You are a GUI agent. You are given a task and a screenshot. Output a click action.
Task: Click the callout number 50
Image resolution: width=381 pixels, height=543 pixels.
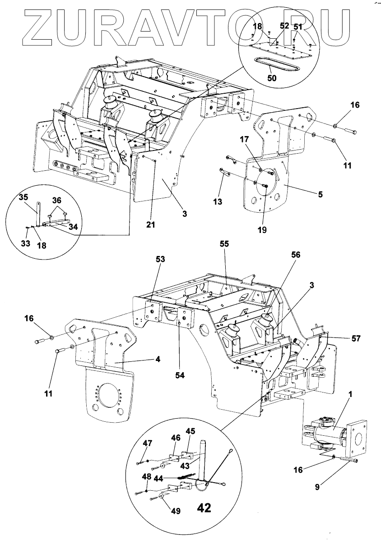[272, 78]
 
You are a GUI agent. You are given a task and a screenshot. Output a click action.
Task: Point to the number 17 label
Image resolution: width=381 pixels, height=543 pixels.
[245, 139]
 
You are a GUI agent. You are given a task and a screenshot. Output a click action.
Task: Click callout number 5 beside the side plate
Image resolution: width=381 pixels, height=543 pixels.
[321, 194]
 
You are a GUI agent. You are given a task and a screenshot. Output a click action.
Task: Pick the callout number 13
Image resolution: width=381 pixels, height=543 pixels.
[218, 201]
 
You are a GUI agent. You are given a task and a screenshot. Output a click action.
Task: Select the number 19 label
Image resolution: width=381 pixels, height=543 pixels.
[262, 229]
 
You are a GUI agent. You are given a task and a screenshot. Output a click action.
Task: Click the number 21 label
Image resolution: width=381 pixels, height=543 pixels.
[151, 225]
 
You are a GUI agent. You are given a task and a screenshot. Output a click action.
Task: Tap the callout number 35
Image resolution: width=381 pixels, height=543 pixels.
[23, 197]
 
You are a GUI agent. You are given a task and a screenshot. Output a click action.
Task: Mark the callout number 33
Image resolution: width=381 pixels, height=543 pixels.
[25, 243]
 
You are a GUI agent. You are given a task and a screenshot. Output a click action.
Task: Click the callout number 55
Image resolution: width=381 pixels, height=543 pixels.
[224, 244]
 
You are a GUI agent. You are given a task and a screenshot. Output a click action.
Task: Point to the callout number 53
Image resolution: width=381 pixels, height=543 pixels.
[160, 259]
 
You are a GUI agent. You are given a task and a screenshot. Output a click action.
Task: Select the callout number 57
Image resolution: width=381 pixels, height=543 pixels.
[356, 338]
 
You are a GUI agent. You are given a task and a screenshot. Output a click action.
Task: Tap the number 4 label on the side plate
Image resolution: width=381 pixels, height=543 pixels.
[158, 359]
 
